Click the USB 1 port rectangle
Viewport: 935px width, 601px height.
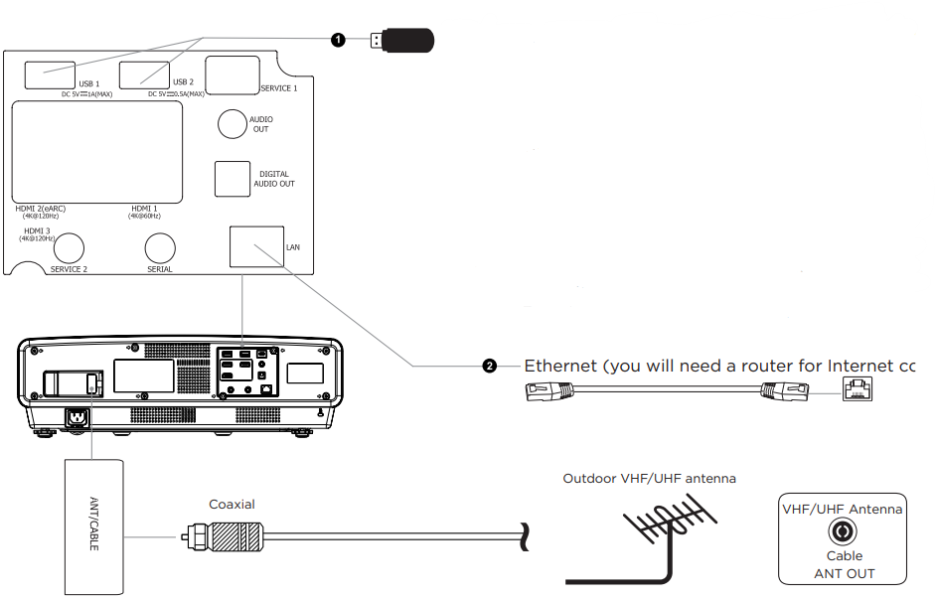49,75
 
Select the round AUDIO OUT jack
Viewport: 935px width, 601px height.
233,123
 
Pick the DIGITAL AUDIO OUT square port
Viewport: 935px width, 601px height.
233,179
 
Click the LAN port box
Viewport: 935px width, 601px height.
255,246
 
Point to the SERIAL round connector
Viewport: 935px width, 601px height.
160,248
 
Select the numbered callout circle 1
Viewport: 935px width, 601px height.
339,40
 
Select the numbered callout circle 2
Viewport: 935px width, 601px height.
489,366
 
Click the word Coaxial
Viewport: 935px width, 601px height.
232,505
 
